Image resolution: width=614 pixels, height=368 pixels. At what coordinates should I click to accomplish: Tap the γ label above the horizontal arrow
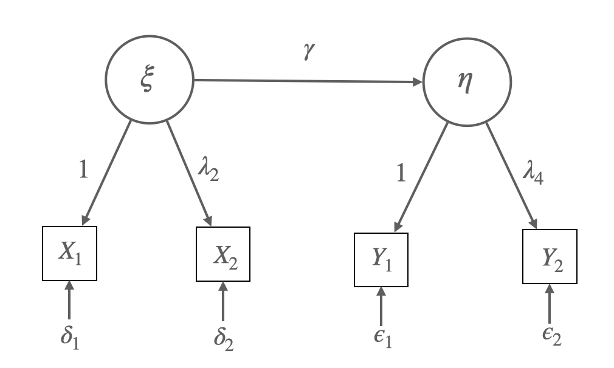309,58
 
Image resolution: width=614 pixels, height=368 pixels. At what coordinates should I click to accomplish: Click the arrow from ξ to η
308,81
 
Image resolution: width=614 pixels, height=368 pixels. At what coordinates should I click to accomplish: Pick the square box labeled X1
69,253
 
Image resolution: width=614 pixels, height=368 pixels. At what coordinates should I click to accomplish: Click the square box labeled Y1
381,258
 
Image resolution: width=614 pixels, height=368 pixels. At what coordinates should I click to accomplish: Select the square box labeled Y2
550,256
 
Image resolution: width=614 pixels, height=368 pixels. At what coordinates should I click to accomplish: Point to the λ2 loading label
209,173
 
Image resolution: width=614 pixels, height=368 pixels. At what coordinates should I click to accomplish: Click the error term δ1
71,338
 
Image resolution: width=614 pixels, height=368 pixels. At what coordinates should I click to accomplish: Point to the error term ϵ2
550,338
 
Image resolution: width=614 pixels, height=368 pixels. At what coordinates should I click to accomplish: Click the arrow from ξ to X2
190,172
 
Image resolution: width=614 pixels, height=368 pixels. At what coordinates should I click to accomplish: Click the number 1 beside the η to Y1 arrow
399,174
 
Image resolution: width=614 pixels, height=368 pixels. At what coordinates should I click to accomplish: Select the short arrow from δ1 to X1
69,301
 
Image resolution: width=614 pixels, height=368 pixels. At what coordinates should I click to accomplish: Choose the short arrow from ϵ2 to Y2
550,304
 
